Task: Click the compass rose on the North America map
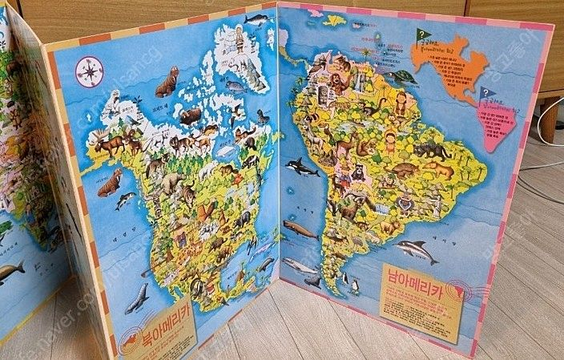(x=89, y=72)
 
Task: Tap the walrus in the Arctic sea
(x=167, y=83)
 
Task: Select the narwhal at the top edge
(x=256, y=18)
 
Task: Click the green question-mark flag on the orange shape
(x=421, y=35)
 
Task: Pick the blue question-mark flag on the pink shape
(x=486, y=95)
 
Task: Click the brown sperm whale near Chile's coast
(x=300, y=230)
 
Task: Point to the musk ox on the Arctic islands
(x=190, y=116)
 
